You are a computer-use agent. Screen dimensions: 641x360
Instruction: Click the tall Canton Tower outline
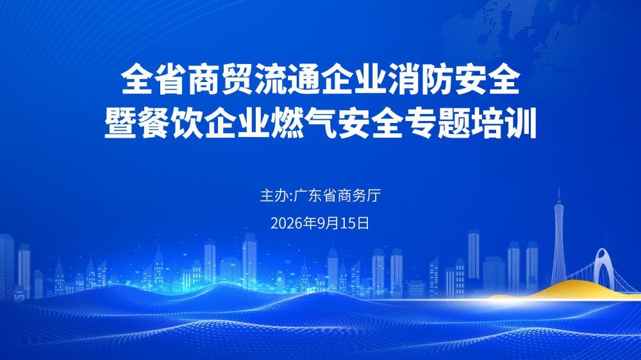tap(558, 237)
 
